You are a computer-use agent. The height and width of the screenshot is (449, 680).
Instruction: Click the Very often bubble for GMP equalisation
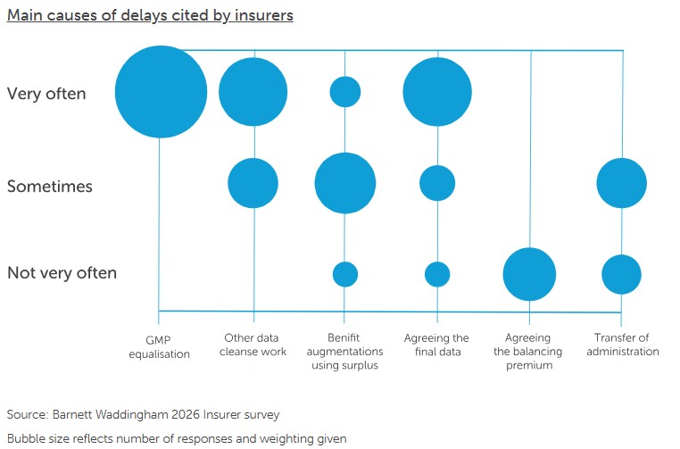click(161, 92)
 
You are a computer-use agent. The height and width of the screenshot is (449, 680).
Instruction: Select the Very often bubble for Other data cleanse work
click(253, 92)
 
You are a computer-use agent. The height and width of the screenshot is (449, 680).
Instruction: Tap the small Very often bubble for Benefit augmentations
click(345, 91)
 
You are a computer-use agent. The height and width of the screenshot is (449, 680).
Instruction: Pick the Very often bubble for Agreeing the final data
click(437, 92)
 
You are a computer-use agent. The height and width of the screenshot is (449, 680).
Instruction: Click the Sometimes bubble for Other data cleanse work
click(253, 183)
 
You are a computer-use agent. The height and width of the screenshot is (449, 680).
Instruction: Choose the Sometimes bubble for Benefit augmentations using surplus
click(345, 183)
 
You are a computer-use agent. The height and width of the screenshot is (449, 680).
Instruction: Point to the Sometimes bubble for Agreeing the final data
click(437, 183)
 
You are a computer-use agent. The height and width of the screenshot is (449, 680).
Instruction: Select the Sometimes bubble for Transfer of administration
click(621, 183)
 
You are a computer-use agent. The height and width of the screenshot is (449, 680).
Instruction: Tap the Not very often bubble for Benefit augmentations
click(345, 274)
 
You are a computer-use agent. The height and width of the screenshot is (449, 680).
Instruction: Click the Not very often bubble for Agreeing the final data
click(437, 274)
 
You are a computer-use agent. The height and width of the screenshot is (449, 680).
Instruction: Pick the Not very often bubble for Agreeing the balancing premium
click(529, 274)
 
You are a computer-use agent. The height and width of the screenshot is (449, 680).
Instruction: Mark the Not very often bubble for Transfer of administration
click(621, 274)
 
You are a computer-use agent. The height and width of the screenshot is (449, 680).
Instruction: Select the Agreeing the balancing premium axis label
click(528, 352)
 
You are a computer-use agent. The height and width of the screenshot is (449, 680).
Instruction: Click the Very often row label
click(46, 93)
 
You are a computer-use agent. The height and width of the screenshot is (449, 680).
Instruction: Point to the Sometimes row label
click(50, 187)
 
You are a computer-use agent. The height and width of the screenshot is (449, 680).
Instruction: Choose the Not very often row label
click(62, 273)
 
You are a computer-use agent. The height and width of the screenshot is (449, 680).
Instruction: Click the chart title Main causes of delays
click(150, 15)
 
